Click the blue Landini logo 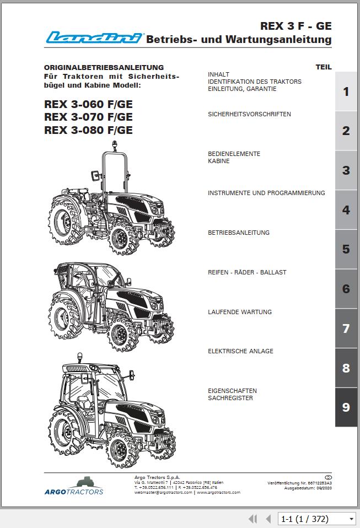point(94,37)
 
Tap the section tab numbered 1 point(346,91)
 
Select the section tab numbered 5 point(346,249)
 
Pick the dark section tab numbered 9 point(346,407)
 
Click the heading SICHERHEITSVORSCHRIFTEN point(249,114)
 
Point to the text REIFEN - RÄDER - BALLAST point(247,272)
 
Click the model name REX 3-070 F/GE point(88,117)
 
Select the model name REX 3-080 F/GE point(88,130)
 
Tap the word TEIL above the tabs point(324,67)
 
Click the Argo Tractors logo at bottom point(74,486)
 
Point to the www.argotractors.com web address point(218,492)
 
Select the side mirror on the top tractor point(95,175)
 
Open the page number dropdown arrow point(351,519)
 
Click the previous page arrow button point(268,519)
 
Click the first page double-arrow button point(253,519)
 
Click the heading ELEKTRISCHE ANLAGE point(240,351)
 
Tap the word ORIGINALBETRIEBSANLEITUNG point(104,67)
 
